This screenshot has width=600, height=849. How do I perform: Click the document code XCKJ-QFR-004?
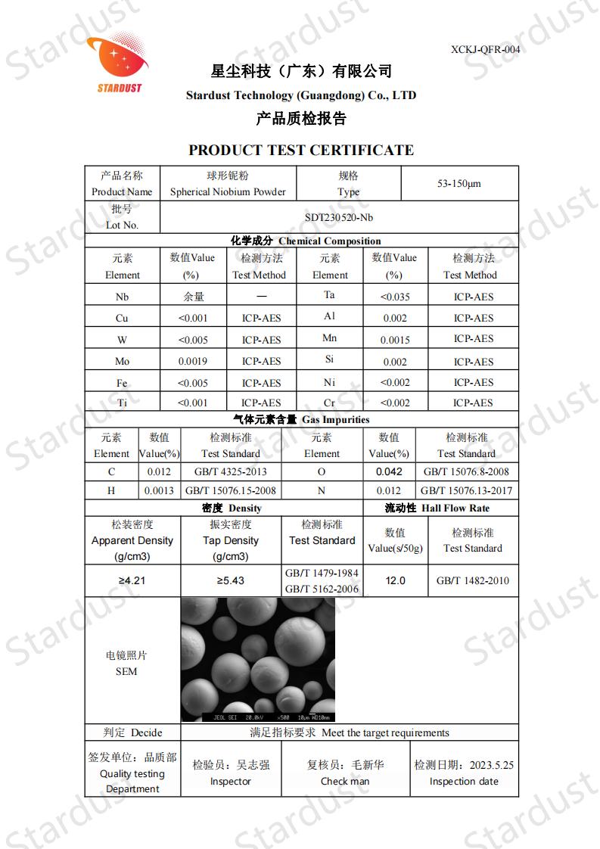point(485,49)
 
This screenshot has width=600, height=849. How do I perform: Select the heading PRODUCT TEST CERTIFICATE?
point(301,150)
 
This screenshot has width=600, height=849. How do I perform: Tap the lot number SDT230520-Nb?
point(339,217)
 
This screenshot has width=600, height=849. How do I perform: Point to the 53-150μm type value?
point(459,184)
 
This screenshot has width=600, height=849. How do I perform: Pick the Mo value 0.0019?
point(192,361)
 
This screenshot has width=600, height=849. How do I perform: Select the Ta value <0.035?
point(395,297)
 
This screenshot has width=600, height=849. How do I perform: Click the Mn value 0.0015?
point(395,340)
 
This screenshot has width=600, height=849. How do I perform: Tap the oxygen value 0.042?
point(389,471)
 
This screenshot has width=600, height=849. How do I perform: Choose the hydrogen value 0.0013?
point(159,490)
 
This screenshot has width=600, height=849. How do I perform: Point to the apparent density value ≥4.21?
point(132,581)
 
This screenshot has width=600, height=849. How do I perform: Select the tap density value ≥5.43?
point(231,581)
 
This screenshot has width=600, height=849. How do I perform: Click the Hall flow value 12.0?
point(395,581)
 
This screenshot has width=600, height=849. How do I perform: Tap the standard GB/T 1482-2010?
point(473,581)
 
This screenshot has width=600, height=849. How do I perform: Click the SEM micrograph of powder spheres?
point(257,659)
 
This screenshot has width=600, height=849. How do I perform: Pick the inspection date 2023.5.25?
point(491,765)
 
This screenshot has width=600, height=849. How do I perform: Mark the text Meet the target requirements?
point(385,732)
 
